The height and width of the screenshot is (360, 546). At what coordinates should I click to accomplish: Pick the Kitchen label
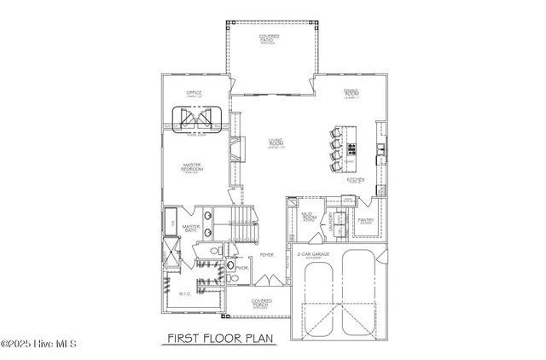coord(357,181)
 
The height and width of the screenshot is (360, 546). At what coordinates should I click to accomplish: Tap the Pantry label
coord(368,221)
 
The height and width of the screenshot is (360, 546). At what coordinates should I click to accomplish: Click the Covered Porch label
coord(262,303)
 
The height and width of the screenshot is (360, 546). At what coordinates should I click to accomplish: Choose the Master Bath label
coord(190,228)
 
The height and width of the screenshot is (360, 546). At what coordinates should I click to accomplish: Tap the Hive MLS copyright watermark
coord(39,345)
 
